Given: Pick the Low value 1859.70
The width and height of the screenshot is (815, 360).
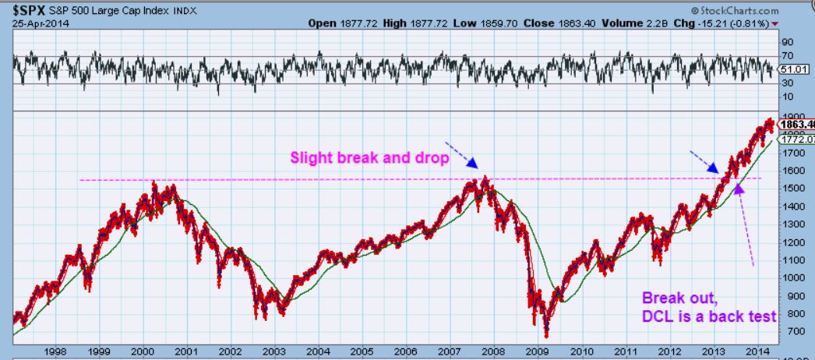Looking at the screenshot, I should (x=491, y=23).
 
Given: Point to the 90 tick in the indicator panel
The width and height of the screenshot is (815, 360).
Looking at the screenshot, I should (x=787, y=41).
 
